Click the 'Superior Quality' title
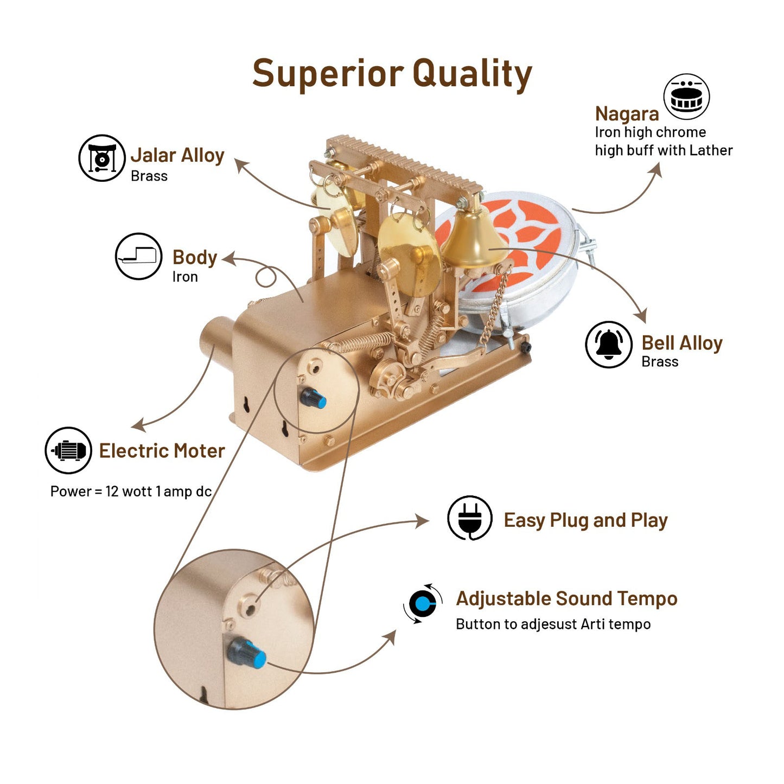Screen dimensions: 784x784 tap(392, 74)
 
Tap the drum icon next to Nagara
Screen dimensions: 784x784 tap(686, 97)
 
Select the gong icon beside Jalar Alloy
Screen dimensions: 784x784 tap(102, 158)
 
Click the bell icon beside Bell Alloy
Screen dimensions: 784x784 tap(609, 344)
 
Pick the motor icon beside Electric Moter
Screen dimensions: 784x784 tap(68, 450)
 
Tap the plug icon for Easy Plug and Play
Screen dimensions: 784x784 tap(470, 518)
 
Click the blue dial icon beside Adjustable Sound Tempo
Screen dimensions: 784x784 tap(423, 603)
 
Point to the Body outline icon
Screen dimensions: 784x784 tap(139, 256)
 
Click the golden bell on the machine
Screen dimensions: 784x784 tap(470, 239)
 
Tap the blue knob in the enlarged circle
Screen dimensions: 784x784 tap(247, 654)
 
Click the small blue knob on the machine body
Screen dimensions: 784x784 tap(314, 399)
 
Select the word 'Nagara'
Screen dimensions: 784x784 tap(627, 114)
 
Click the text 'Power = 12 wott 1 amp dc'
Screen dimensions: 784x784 tap(131, 492)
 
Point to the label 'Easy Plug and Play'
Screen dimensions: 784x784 tap(585, 520)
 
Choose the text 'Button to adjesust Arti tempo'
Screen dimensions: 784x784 tap(553, 624)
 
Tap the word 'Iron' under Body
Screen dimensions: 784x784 tap(185, 277)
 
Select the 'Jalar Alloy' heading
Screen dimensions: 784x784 tap(177, 155)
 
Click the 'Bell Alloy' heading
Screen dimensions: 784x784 tap(682, 343)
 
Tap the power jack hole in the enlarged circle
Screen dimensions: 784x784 tap(250, 607)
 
